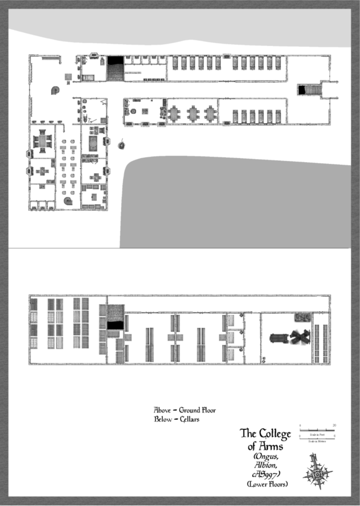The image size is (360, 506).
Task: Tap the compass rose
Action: point(317,472)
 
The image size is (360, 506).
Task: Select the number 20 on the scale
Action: point(335,425)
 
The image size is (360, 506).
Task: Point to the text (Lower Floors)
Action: point(267,484)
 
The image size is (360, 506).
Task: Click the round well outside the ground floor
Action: point(122,145)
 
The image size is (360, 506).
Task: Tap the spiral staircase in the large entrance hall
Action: point(55,90)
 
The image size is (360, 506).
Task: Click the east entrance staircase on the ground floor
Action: point(312,90)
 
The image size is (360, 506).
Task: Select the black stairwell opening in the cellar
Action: point(115,325)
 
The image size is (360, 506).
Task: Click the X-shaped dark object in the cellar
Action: point(298,338)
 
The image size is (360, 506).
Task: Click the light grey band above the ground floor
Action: point(178,25)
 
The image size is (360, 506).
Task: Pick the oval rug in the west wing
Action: point(93,144)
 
